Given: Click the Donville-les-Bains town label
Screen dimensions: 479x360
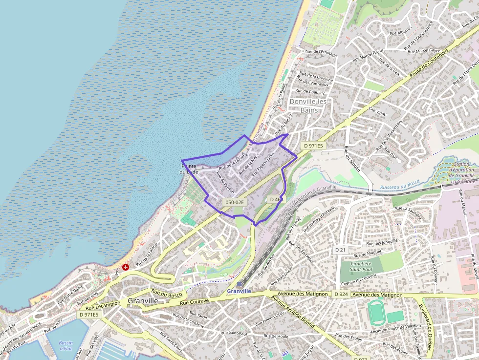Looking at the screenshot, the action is [x=309, y=106].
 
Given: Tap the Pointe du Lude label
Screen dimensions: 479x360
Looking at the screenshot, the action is [x=189, y=169].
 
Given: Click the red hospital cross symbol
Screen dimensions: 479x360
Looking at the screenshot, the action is [x=126, y=267].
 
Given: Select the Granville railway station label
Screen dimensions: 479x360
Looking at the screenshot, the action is [x=239, y=291].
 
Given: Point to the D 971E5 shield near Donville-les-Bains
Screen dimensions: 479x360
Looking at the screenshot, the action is [x=313, y=146].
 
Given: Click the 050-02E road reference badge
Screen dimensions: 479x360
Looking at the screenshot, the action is [x=235, y=202].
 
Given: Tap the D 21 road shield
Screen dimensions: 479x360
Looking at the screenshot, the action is [x=340, y=250].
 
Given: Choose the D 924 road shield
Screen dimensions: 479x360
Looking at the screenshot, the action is [x=340, y=295].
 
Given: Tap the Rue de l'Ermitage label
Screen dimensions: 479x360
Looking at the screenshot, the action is [x=321, y=52].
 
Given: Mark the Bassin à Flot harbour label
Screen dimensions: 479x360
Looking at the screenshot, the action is [x=65, y=346].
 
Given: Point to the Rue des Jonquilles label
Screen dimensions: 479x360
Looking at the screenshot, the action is [x=383, y=242].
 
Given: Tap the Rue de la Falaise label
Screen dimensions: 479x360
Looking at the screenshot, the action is [x=147, y=254].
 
